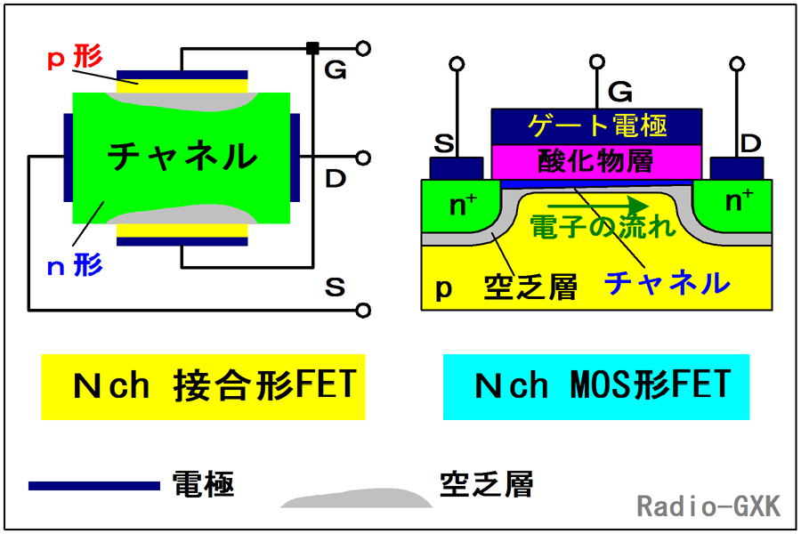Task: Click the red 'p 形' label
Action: click(75, 57)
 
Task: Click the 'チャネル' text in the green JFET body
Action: click(182, 156)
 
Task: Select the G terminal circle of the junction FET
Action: click(363, 49)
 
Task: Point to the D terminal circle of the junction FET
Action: click(363, 158)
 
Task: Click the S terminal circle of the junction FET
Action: click(363, 311)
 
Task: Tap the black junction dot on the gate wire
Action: click(312, 49)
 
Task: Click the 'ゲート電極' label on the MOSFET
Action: click(596, 125)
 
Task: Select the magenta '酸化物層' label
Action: click(595, 161)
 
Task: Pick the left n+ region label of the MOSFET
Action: click(463, 204)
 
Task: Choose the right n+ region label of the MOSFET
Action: click(740, 199)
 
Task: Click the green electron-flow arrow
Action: click(598, 206)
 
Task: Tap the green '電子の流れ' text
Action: click(603, 226)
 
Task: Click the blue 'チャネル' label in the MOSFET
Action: click(667, 283)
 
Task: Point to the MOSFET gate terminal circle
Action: click(596, 61)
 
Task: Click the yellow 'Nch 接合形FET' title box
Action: click(203, 387)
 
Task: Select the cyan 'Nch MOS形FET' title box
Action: click(596, 387)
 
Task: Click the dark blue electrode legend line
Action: click(94, 486)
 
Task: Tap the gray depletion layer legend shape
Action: click(357, 499)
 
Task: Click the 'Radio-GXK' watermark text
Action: click(708, 506)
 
